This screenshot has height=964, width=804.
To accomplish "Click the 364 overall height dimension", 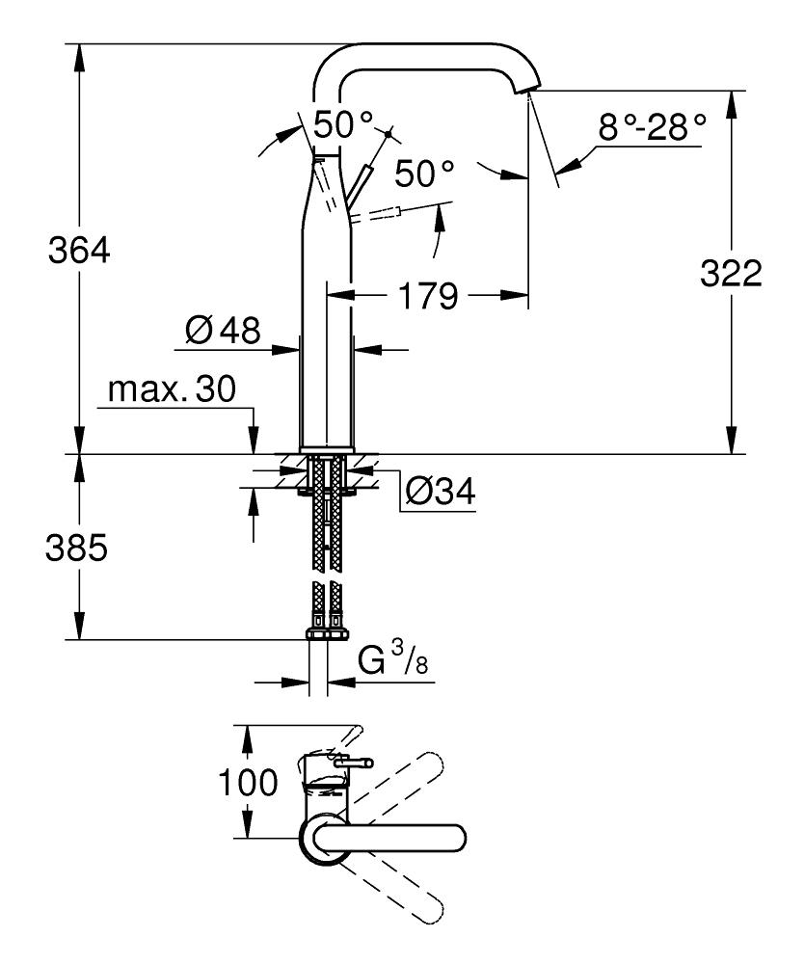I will (80, 253).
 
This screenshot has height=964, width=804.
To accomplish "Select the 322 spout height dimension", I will (731, 275).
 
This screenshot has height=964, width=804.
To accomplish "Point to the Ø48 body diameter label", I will (223, 333).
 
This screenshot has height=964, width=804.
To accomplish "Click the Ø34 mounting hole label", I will (440, 492).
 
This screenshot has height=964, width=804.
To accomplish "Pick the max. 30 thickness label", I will (172, 390).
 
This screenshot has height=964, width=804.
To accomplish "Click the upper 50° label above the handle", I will (341, 124).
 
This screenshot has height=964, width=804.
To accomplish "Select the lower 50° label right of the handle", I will (423, 174).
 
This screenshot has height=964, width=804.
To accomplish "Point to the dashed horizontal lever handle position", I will (381, 215).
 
